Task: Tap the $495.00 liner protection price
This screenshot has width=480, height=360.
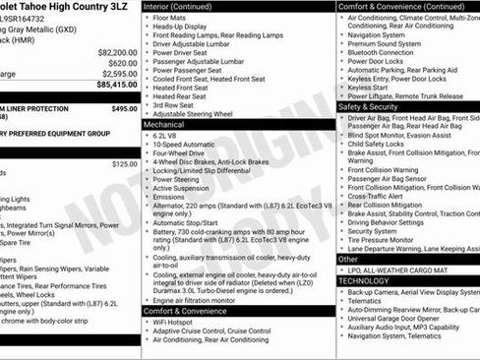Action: tap(124, 109)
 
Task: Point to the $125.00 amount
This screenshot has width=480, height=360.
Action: tap(125, 164)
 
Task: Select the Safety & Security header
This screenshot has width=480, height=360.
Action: tap(369, 106)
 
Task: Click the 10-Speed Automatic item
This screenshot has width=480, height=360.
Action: tap(183, 144)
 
